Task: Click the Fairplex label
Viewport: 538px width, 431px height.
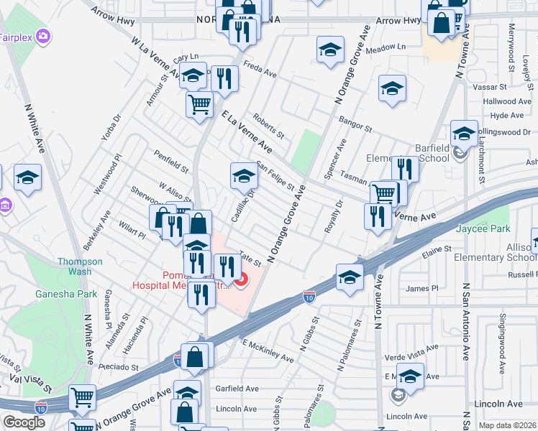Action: (x=14, y=36)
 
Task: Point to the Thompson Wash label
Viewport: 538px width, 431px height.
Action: (x=80, y=267)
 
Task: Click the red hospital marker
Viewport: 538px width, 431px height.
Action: (x=242, y=279)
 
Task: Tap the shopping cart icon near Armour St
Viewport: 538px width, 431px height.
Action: (x=199, y=103)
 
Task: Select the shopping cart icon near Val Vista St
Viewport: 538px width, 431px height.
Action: (x=82, y=397)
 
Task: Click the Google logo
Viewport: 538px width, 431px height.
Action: (x=24, y=422)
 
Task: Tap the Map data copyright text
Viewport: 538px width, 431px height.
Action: (x=507, y=425)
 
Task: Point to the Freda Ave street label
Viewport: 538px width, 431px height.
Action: (x=260, y=73)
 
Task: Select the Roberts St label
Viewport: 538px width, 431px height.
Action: (x=269, y=127)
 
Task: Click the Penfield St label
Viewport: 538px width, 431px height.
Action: (x=170, y=162)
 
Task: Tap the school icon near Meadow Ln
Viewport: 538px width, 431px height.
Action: (x=329, y=50)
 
